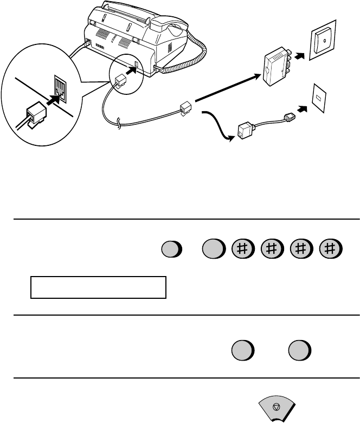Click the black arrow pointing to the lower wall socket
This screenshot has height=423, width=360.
pos(302,108)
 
